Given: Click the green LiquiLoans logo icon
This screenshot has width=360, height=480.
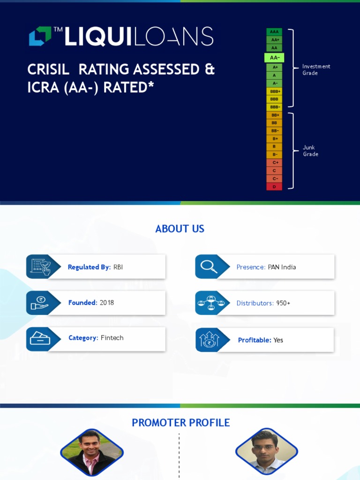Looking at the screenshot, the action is click(x=40, y=36).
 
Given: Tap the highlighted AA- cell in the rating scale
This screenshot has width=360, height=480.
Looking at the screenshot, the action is click(x=274, y=58).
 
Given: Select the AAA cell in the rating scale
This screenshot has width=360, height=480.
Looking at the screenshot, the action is click(x=274, y=32).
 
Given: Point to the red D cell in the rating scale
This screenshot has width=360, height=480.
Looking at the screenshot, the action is click(x=274, y=187).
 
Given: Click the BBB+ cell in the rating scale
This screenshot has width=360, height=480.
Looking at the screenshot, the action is click(x=274, y=91).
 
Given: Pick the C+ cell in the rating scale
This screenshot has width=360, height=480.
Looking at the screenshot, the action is click(x=274, y=163).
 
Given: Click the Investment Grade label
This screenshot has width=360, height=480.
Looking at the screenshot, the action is click(x=316, y=69).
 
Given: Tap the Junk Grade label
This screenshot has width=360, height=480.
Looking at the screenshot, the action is click(x=310, y=150).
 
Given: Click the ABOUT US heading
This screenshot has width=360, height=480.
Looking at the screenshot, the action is click(x=180, y=229).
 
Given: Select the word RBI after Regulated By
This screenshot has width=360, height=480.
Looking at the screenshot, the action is click(x=118, y=267).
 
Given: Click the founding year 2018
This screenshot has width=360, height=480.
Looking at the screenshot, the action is click(x=107, y=302).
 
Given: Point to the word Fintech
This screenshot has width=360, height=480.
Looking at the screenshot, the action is click(x=112, y=337).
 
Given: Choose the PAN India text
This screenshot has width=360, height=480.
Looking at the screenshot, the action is click(x=282, y=267).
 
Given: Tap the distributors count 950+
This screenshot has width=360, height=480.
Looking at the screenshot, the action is click(x=283, y=303).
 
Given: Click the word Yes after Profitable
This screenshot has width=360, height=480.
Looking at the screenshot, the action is click(x=278, y=340).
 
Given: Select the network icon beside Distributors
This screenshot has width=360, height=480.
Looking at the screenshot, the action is click(x=211, y=303).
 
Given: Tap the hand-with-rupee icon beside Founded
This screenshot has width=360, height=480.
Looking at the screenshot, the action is click(x=39, y=303).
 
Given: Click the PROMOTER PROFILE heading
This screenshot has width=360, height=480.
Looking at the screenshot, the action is click(x=180, y=422).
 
